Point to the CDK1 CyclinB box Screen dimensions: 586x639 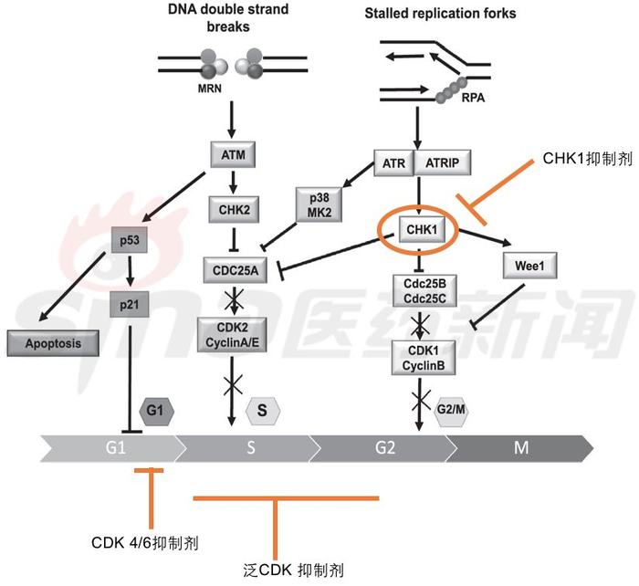(x=419, y=355)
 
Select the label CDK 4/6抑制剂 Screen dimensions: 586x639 (x=146, y=542)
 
